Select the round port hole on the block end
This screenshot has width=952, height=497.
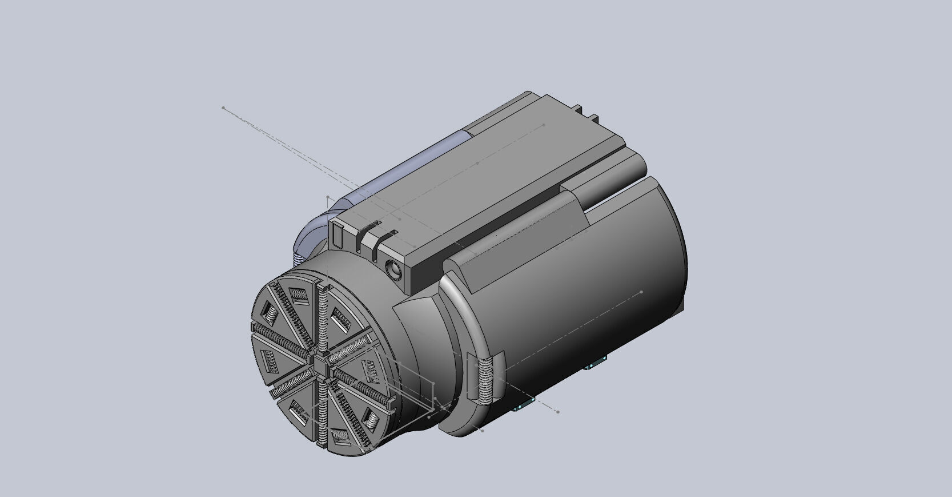click(x=393, y=267)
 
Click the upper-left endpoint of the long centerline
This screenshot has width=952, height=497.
click(x=223, y=108)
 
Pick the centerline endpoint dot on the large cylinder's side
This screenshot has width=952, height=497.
click(x=641, y=292)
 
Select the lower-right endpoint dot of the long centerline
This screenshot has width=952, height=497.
click(x=558, y=412)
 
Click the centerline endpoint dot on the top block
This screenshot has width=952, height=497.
click(x=544, y=125)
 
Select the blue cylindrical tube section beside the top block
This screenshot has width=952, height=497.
click(x=400, y=166)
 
